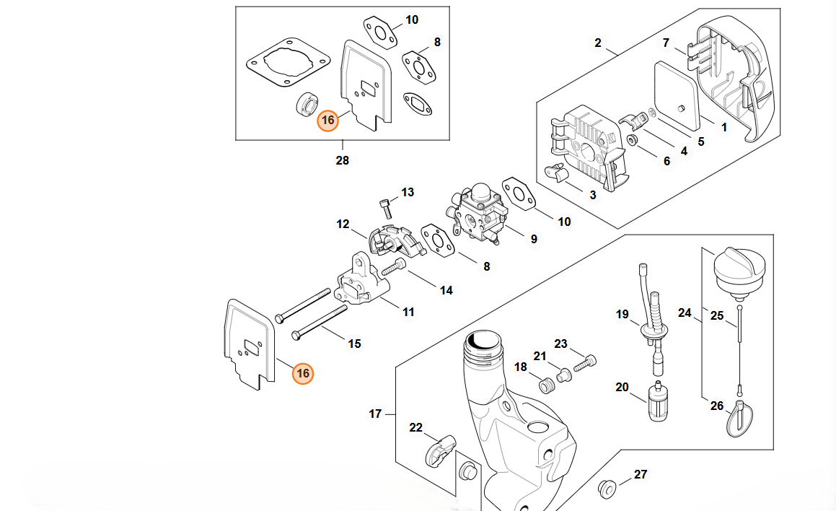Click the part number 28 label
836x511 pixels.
[x=342, y=160]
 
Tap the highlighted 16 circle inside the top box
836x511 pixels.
[x=328, y=121]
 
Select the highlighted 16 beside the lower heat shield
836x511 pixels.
[x=303, y=373]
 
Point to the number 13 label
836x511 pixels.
[x=408, y=192]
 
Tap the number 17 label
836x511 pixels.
[x=375, y=414]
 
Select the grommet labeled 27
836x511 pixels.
[x=608, y=487]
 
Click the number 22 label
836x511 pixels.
[x=415, y=427]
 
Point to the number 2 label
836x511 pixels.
[x=597, y=43]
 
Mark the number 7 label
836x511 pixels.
[x=666, y=43]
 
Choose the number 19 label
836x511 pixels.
[x=622, y=314]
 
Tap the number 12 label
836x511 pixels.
[x=343, y=224]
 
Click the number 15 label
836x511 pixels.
[x=354, y=344]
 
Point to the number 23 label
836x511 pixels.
[x=560, y=344]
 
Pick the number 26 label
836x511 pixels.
[x=716, y=406]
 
